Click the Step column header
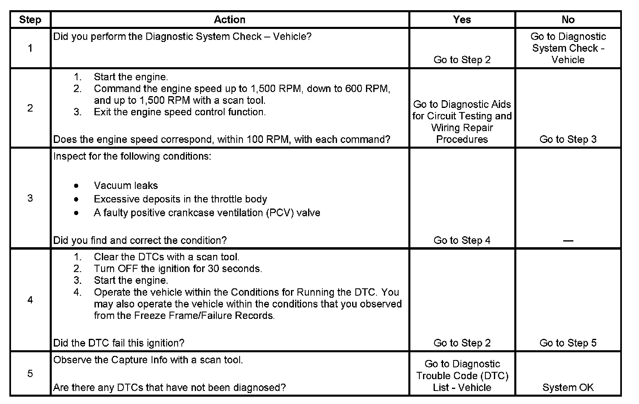(x=30, y=20)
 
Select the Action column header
(x=229, y=20)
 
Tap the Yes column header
(x=462, y=20)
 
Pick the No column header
(x=568, y=20)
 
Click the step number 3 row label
(x=30, y=198)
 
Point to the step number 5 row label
(x=30, y=373)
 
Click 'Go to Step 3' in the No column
(x=568, y=139)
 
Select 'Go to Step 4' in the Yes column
(x=462, y=240)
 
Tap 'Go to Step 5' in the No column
(x=568, y=343)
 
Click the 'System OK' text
(x=568, y=387)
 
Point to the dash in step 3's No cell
(x=568, y=241)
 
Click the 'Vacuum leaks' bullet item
(x=126, y=186)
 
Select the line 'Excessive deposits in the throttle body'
(x=180, y=199)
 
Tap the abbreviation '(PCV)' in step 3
(x=280, y=213)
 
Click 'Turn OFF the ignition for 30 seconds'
(x=178, y=269)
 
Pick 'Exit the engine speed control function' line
(x=180, y=112)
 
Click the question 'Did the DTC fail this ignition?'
(x=119, y=343)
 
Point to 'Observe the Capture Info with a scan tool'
(x=148, y=360)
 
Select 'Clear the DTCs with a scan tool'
(x=166, y=257)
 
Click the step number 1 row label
(x=30, y=48)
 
